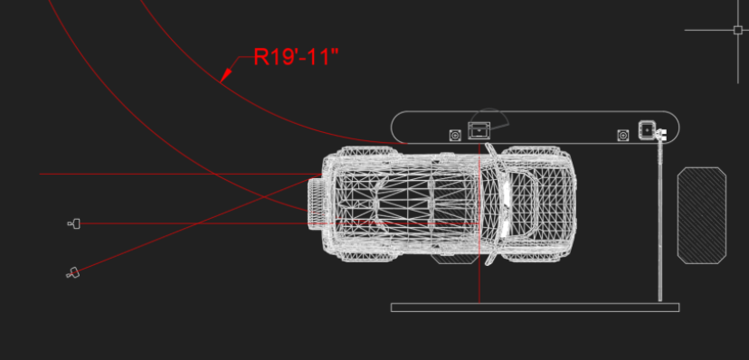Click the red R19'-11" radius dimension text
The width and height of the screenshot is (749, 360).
[296, 56]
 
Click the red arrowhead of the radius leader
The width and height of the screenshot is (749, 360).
[226, 75]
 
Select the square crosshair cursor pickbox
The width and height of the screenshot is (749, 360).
[737, 30]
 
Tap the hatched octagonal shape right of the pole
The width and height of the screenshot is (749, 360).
[702, 215]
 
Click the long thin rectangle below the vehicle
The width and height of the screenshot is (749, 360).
[535, 308]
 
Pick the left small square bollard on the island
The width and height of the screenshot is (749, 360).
[455, 135]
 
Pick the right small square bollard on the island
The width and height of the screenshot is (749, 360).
[623, 136]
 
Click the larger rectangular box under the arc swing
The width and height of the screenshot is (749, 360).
[479, 130]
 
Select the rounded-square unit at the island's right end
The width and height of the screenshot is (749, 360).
[647, 129]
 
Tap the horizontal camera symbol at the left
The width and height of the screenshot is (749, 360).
[74, 223]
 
